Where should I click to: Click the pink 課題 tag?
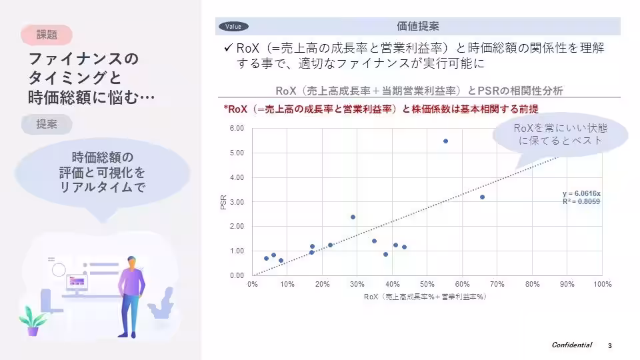[46, 33]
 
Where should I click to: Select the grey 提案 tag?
[46, 124]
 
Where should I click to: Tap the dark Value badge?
[233, 27]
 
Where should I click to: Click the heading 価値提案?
[417, 27]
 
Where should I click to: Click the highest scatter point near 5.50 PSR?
[445, 141]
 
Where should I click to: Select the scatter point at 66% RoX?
[482, 197]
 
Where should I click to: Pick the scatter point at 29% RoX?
[353, 217]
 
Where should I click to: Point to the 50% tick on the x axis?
[427, 285]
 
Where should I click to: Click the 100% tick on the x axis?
[601, 285]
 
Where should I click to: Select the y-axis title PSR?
[224, 202]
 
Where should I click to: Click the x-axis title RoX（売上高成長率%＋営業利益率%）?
[425, 297]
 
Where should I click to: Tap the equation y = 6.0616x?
[582, 194]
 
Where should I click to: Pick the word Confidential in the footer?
[571, 345]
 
